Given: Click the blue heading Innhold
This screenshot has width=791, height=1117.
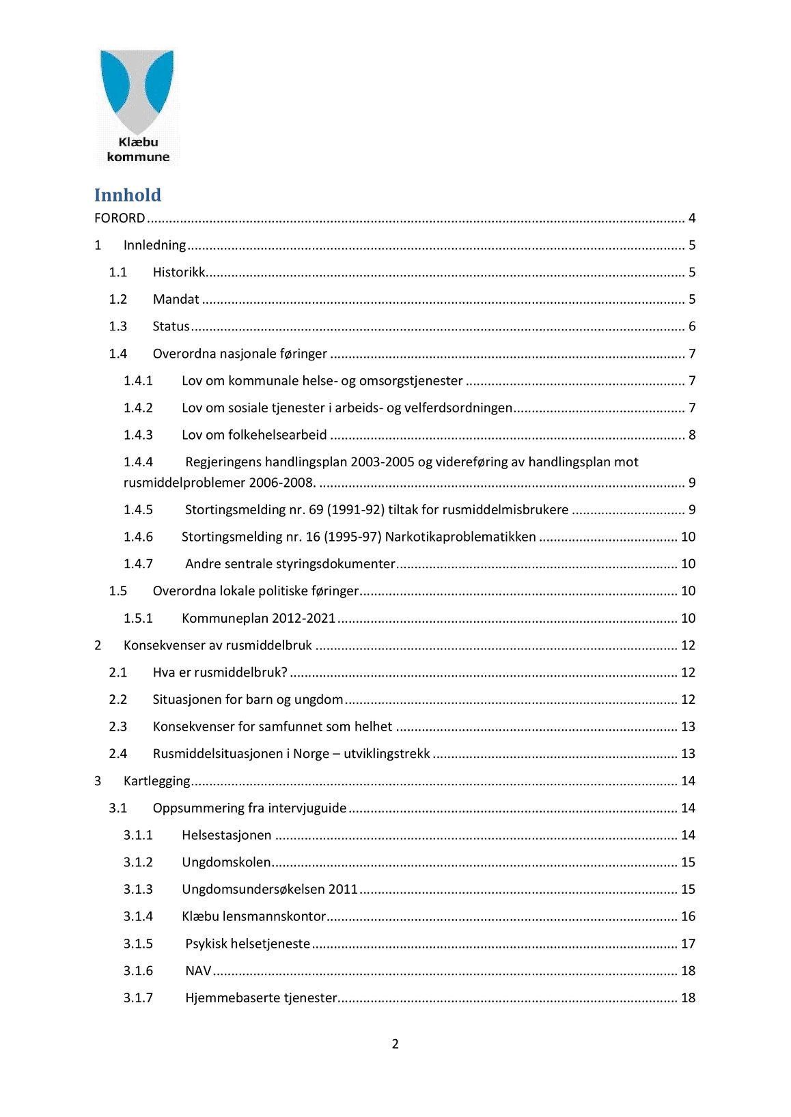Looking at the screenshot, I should (128, 195).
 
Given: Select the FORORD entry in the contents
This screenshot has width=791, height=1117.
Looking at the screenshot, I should (120, 218).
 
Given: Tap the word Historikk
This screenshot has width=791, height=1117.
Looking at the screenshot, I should (179, 272).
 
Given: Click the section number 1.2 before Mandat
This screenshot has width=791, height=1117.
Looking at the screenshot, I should (118, 300).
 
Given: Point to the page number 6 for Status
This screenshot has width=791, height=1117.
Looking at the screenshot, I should (692, 326).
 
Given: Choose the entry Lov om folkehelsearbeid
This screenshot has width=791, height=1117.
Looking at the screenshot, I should (254, 435).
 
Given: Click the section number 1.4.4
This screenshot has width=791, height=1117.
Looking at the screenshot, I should (138, 462).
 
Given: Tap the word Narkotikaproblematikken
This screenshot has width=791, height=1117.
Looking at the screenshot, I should (460, 537).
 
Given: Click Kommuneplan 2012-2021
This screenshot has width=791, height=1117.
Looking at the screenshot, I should (258, 619).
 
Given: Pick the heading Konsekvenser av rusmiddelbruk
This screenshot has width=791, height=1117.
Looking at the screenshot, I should (217, 645).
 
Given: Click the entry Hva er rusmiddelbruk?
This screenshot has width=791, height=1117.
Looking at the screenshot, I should (220, 673).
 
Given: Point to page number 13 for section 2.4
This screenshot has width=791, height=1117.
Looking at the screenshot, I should (688, 754).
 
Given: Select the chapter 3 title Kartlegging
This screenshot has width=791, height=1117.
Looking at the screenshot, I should (156, 781).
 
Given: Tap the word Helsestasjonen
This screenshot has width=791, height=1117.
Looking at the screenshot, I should (226, 835).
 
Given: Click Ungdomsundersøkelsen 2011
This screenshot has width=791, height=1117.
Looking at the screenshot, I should (270, 890).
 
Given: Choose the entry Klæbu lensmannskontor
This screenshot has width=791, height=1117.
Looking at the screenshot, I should (253, 916).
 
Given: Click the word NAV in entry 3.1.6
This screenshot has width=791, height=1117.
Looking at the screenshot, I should (198, 971).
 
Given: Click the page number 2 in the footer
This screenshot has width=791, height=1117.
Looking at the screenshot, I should (395, 1044).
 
